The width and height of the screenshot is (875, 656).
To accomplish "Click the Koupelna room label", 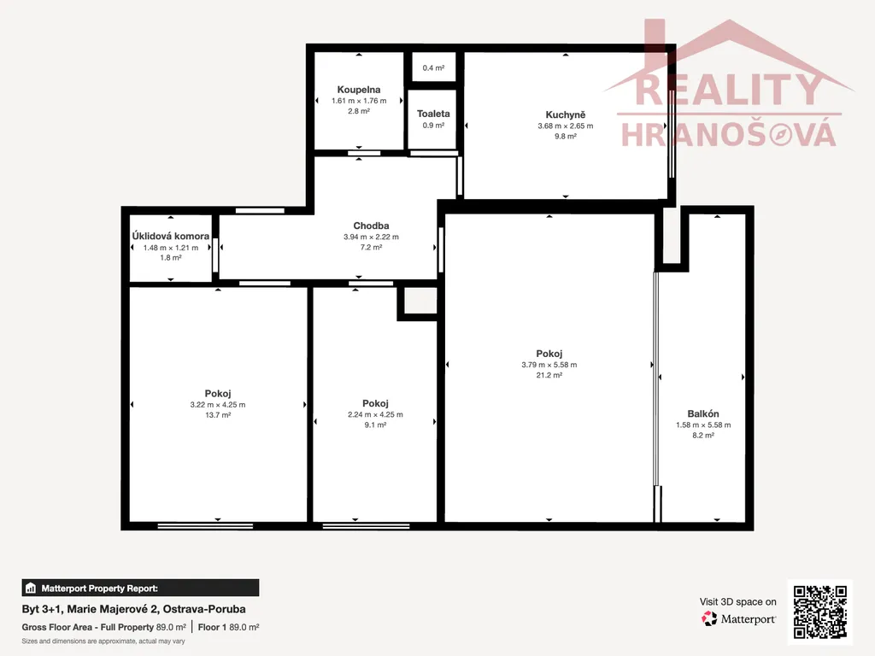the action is click(359, 89).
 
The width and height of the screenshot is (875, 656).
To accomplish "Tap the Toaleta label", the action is click(433, 114).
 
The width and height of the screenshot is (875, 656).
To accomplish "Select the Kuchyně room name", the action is click(566, 115).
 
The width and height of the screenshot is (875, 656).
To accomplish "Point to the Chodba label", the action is click(371, 225).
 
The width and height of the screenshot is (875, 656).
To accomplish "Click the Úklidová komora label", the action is click(171, 236).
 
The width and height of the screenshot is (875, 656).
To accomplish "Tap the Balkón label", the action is click(703, 414).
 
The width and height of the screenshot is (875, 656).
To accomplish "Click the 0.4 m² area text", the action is click(433, 68).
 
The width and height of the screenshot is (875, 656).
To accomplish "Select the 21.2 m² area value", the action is click(549, 376).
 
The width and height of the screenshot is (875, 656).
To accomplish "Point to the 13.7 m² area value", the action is click(218, 415).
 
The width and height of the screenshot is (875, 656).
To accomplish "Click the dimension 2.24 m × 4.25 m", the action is click(375, 414).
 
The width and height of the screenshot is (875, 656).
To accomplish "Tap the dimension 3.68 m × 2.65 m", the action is click(566, 126).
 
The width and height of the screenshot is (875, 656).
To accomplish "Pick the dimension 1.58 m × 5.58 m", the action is click(703, 425).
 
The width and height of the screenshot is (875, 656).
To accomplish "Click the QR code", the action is click(820, 612).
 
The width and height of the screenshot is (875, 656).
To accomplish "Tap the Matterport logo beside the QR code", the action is click(739, 618).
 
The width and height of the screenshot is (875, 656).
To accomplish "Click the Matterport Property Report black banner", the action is click(141, 588).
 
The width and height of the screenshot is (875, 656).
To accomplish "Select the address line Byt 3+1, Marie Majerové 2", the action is click(134, 609).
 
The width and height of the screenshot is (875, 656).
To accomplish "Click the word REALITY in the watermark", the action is click(728, 91).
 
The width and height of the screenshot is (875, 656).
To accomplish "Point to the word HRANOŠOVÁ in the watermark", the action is click(729, 135).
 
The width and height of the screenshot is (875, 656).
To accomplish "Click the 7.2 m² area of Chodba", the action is click(371, 247).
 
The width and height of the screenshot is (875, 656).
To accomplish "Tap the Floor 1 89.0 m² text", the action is click(228, 628).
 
